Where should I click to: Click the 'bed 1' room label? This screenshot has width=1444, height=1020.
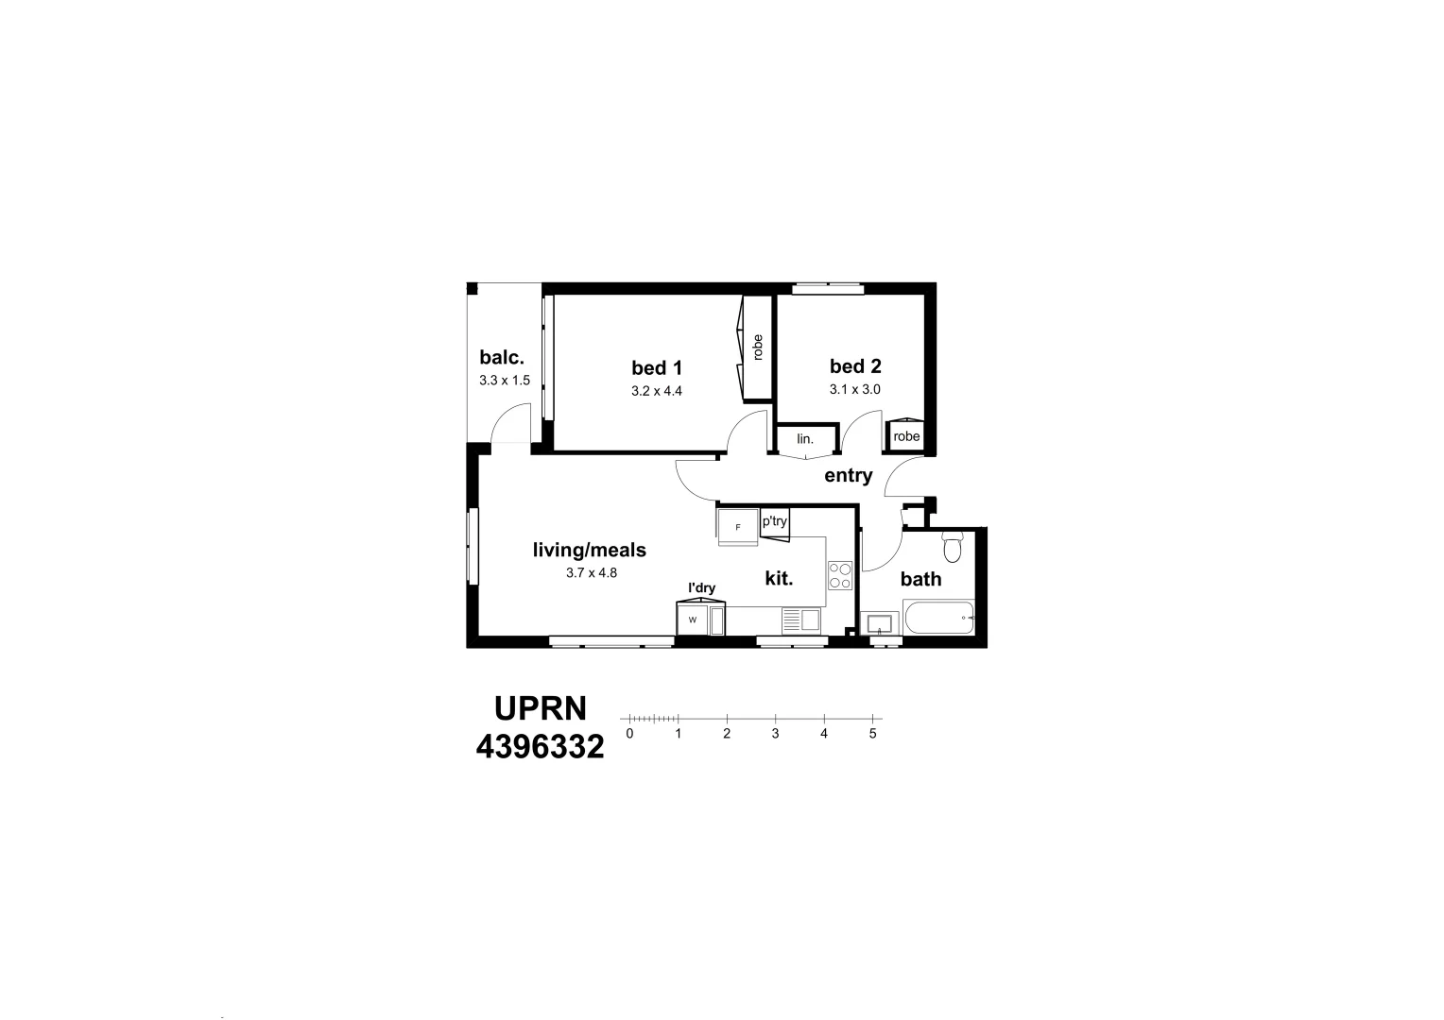657,367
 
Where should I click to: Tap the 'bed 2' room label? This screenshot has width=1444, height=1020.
855,366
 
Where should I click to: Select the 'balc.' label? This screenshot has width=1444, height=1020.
501,358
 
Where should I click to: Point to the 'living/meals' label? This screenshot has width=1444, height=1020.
590,550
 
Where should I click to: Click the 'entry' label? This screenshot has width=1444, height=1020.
848,475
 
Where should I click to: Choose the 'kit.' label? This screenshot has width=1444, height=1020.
778,578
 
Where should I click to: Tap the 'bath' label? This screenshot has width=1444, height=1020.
920,579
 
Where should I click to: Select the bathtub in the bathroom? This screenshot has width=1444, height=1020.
938,619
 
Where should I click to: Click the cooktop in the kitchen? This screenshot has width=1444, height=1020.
840,575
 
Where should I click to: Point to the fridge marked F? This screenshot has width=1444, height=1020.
738,527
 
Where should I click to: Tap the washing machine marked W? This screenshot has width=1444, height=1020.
692,620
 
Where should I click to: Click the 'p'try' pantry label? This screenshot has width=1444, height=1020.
775,521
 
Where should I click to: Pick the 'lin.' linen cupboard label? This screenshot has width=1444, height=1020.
805,439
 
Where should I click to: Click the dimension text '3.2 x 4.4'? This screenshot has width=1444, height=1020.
657,390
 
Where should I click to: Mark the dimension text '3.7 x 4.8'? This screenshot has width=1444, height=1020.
591,572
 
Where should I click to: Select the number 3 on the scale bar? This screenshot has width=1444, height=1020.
775,734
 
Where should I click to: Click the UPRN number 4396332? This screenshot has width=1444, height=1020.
540,747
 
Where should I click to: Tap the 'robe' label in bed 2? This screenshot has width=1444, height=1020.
906,436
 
